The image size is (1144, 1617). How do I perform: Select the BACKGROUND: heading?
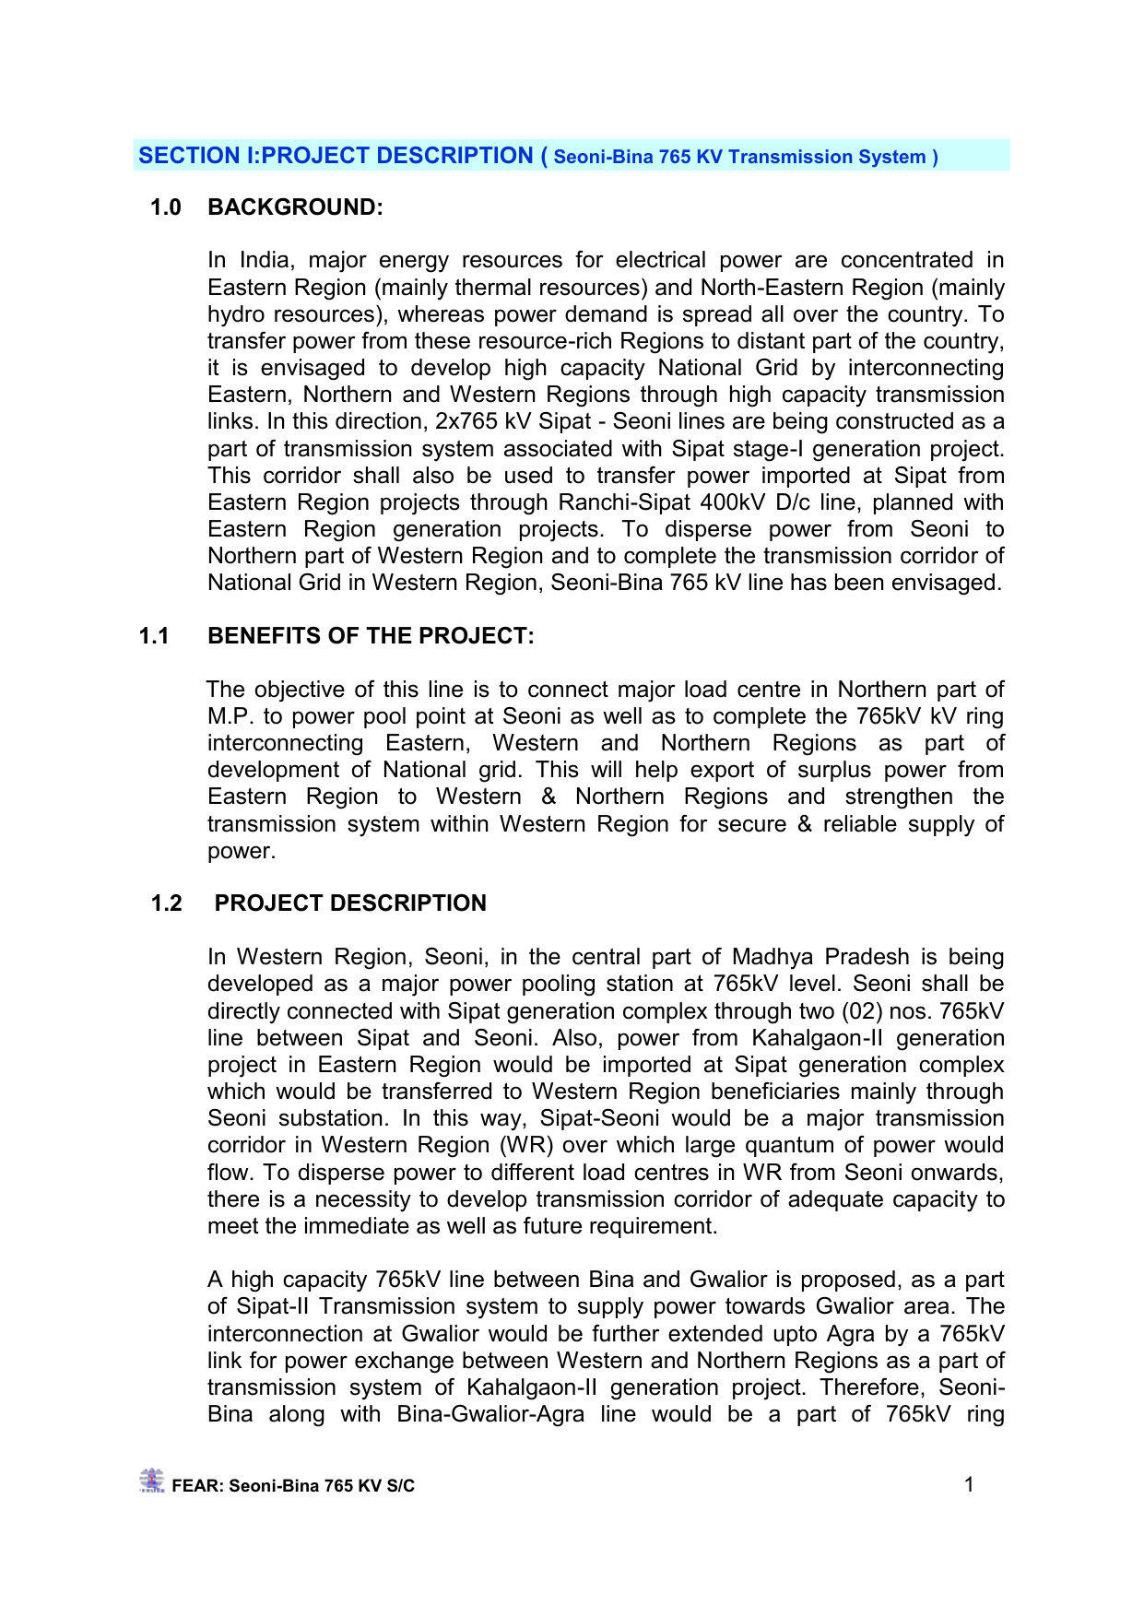(295, 207)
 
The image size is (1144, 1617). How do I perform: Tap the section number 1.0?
(166, 207)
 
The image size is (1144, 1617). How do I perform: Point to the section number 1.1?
(154, 636)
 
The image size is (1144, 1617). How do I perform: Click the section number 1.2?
(167, 903)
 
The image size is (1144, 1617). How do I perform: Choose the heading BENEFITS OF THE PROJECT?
(371, 636)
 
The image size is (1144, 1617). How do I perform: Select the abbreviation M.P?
(230, 716)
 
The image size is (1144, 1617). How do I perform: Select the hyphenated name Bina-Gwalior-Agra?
(490, 1414)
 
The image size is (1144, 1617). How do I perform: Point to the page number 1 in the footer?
(969, 1484)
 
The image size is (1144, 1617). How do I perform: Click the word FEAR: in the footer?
(197, 1486)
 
